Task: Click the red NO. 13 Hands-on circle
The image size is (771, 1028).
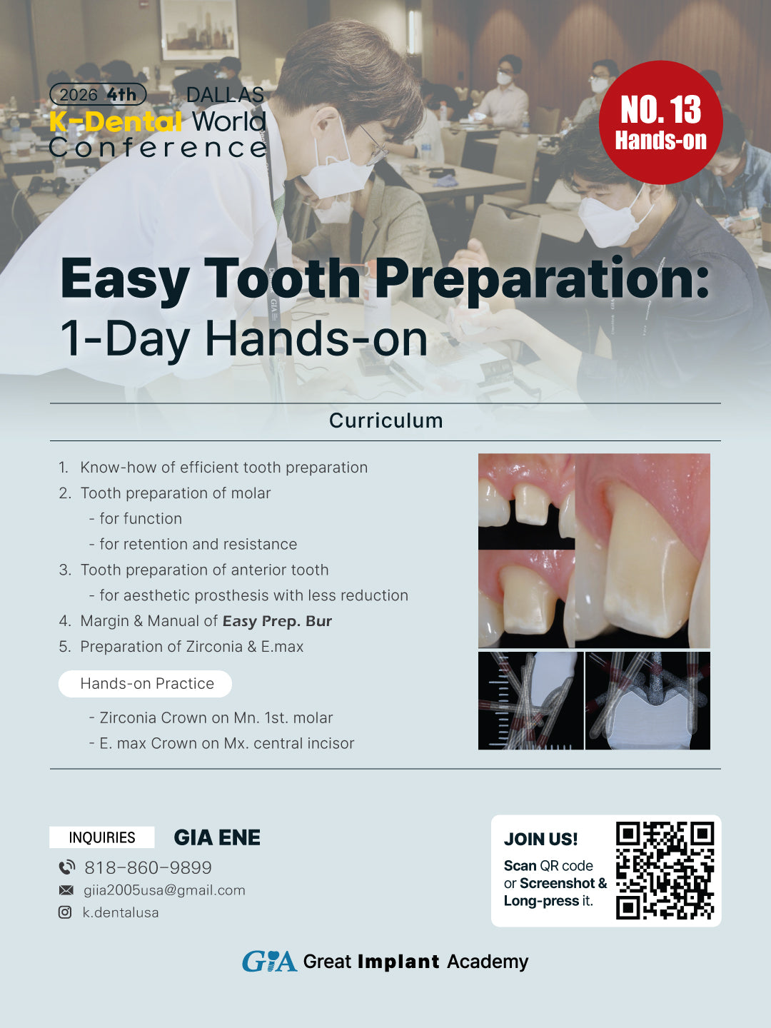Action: pos(660,123)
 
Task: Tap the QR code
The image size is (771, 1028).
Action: pos(665,870)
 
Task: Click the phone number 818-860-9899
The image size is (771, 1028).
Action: pos(148,867)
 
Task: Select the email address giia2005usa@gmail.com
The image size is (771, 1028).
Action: pos(164,890)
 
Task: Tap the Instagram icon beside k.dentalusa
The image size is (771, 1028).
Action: pos(65,912)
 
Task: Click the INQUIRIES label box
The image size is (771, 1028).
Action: pos(102,837)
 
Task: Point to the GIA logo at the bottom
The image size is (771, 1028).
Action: pos(269,962)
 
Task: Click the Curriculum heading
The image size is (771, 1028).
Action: pos(385,420)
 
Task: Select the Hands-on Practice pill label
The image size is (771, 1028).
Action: pos(146,683)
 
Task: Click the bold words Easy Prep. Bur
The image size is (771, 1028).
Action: pos(277,621)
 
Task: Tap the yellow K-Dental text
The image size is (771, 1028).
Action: pos(116,122)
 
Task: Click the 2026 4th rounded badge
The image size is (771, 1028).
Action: pos(98,94)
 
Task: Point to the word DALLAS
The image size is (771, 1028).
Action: pos(225,95)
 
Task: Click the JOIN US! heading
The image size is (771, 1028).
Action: pos(540,839)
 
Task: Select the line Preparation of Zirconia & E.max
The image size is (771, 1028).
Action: pos(191,647)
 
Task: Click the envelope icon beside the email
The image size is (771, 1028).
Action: pos(66,890)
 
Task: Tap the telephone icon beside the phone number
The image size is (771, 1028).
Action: pos(66,867)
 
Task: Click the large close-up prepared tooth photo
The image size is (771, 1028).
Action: pos(642,550)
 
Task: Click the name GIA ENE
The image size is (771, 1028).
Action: pos(217,837)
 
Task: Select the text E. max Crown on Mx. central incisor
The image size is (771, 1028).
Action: pos(226,743)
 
